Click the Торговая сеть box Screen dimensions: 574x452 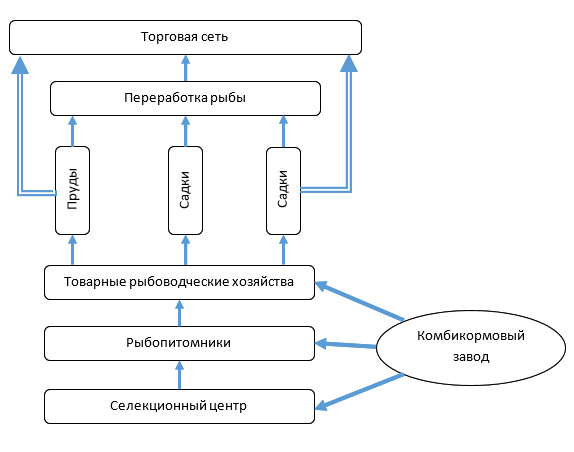pyautogui.click(x=185, y=37)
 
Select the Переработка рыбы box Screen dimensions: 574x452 pyautogui.click(x=185, y=98)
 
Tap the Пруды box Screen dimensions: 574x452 pyautogui.click(x=72, y=190)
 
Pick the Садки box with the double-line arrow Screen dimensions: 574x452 pyautogui.click(x=284, y=191)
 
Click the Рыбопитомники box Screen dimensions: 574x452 pyautogui.click(x=179, y=343)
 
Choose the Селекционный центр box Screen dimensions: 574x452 pyautogui.click(x=179, y=406)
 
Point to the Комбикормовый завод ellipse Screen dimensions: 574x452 pyautogui.click(x=471, y=348)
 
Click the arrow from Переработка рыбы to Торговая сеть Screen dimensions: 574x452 pyautogui.click(x=186, y=68)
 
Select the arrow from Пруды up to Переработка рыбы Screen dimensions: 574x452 pyautogui.click(x=72, y=131)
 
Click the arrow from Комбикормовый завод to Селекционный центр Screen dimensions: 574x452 pyautogui.click(x=359, y=391)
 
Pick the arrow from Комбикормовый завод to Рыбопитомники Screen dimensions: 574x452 pyautogui.click(x=346, y=344)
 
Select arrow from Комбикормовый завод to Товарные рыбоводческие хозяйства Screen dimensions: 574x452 pyautogui.click(x=359, y=301)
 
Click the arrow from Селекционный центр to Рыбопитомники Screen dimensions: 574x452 pyautogui.click(x=179, y=375)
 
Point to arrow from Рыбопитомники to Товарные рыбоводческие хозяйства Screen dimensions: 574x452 pyautogui.click(x=179, y=313)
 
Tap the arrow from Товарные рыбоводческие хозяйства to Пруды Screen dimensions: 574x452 pyautogui.click(x=72, y=250)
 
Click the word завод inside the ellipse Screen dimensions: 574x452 pyautogui.click(x=471, y=357)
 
